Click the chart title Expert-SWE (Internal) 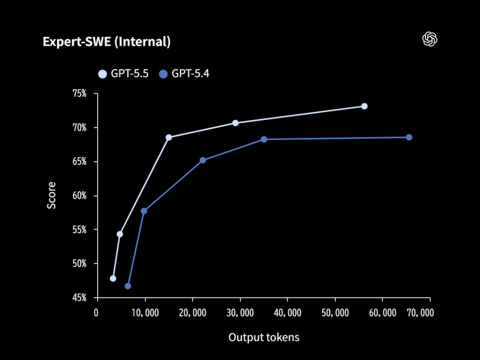(x=106, y=41)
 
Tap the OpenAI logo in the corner (x=430, y=39)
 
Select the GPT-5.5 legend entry (x=123, y=74)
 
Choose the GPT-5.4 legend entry (x=184, y=74)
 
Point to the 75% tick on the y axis (x=80, y=94)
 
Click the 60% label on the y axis (x=80, y=196)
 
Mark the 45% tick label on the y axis (x=80, y=298)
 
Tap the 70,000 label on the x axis (x=418, y=313)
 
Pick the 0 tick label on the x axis (x=96, y=313)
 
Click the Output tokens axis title (x=263, y=337)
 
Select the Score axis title (x=52, y=196)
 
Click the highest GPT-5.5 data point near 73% (x=364, y=106)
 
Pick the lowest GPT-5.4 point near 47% (x=128, y=286)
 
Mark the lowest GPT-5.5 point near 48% (x=113, y=278)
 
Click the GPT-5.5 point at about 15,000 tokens (x=169, y=137)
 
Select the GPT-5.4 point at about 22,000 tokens (x=203, y=160)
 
